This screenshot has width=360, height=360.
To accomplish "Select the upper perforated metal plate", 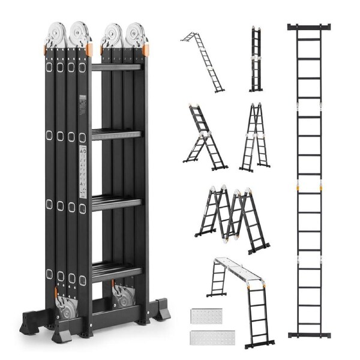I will [206, 316].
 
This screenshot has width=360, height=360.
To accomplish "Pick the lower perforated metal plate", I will [206, 337].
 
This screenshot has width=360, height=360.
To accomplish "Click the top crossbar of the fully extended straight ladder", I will [308, 27].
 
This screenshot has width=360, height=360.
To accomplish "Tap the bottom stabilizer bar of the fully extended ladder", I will [308, 334].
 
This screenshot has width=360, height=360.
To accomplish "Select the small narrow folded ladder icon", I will [256, 59].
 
